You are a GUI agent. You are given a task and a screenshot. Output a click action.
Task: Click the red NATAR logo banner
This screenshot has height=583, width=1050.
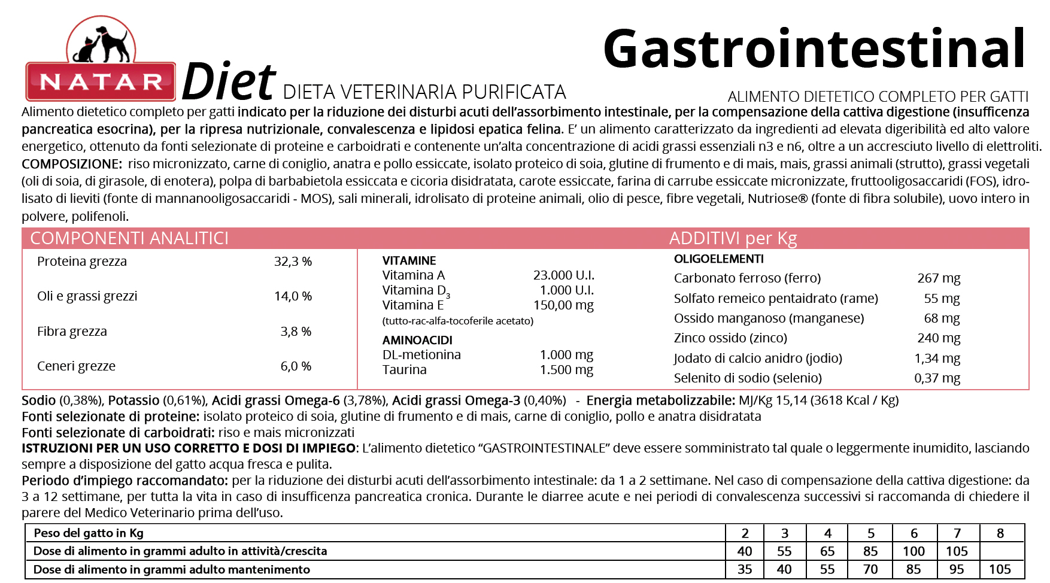[101, 81]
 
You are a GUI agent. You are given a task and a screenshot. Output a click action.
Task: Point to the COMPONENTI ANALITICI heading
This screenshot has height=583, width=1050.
[129, 238]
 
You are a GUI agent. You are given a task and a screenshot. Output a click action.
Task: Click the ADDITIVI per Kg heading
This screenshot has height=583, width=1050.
[733, 238]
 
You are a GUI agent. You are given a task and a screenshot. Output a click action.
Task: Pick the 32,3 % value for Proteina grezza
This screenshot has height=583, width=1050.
[293, 262]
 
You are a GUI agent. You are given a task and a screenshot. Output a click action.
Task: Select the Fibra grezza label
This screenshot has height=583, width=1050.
[72, 332]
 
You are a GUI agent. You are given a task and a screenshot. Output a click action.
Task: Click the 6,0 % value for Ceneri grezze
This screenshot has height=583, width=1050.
[296, 366]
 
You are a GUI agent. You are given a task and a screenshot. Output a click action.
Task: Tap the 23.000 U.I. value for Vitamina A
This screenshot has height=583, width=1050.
[563, 275]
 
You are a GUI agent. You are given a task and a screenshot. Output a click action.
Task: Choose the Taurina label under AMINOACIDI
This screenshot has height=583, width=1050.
[405, 370]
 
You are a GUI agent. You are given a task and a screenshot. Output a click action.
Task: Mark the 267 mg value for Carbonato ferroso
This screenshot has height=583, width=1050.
[938, 278]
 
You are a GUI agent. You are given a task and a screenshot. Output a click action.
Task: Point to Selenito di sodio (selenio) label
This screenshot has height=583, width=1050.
[748, 378]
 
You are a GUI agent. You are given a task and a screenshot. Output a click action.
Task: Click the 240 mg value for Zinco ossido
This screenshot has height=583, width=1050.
[938, 338]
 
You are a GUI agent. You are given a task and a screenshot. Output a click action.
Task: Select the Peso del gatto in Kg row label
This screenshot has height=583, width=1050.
[89, 533]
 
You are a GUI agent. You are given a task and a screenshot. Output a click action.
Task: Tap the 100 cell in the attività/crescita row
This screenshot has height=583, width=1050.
[914, 551]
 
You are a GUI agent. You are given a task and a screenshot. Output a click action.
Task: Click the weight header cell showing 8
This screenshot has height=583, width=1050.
[1000, 533]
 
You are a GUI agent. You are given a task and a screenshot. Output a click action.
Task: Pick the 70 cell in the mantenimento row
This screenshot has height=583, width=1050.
[870, 569]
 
